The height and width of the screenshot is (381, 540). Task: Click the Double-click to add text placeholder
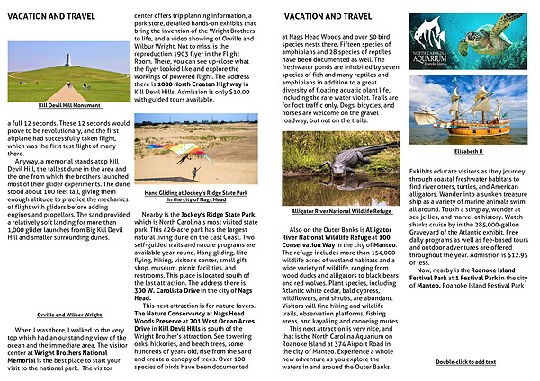point(467,360)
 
